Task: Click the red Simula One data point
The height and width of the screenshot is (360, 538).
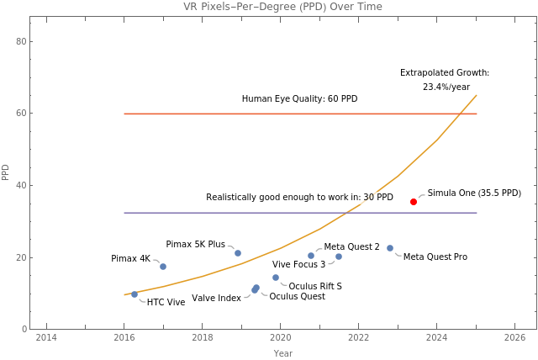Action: (414, 202)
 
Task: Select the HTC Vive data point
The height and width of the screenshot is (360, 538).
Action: (134, 294)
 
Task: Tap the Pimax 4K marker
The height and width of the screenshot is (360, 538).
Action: (163, 267)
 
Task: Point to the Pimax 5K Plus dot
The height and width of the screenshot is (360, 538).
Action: (238, 253)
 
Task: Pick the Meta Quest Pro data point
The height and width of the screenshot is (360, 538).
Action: (390, 248)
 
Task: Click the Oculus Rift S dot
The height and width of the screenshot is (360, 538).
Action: (275, 278)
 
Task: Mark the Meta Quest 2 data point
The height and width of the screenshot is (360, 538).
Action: (339, 257)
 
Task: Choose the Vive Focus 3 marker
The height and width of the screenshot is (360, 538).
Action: (311, 256)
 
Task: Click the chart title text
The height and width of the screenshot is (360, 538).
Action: (282, 7)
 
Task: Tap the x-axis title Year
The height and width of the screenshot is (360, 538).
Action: (283, 353)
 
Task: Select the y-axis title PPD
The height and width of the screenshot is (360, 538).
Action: (6, 172)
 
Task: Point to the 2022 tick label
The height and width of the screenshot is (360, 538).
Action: (359, 337)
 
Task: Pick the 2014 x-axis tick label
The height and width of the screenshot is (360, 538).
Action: (46, 337)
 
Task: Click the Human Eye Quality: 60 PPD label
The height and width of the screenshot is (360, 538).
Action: (299, 99)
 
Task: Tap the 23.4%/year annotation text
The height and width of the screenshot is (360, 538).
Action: (446, 87)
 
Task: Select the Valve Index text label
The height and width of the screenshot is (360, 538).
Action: (216, 299)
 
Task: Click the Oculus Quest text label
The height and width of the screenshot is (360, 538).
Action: (297, 297)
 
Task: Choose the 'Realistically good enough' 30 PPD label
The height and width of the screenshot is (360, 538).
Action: (299, 198)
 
